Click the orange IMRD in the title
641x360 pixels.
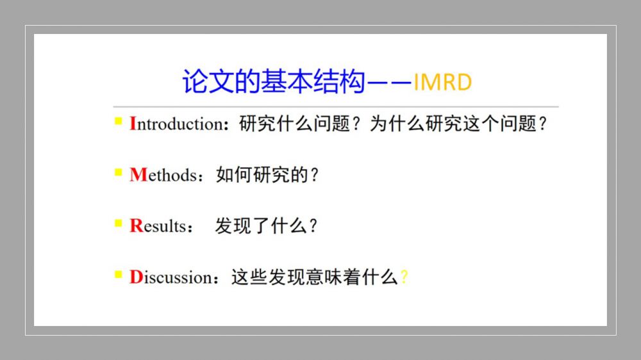click(x=443, y=82)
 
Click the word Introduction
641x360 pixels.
click(x=177, y=124)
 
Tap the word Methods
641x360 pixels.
click(x=163, y=175)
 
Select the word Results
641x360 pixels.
click(x=158, y=226)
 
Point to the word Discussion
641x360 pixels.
click(x=171, y=277)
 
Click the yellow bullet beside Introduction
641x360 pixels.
click(x=119, y=121)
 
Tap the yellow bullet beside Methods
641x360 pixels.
click(x=119, y=172)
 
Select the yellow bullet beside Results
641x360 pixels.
click(x=119, y=223)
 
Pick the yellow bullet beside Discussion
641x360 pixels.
click(x=119, y=274)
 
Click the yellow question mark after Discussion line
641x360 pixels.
click(x=404, y=277)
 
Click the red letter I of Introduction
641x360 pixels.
click(x=133, y=124)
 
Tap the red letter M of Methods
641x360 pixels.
click(x=138, y=175)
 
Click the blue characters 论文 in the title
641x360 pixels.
click(x=208, y=81)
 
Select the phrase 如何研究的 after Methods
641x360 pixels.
click(x=262, y=175)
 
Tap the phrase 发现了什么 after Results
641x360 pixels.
click(x=261, y=226)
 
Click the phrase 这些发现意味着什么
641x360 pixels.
click(x=314, y=277)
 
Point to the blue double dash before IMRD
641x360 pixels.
click(x=389, y=83)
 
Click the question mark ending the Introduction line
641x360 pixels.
click(x=542, y=124)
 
